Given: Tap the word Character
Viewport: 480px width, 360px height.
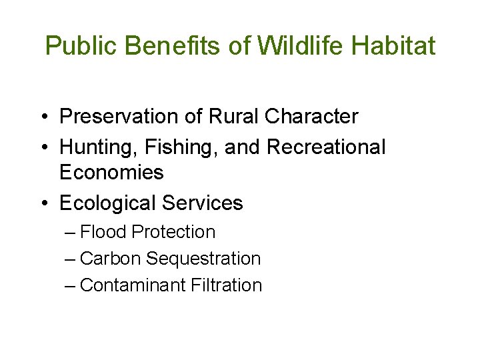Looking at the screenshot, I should tap(311, 117).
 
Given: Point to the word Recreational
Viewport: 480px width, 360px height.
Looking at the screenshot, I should tap(326, 147).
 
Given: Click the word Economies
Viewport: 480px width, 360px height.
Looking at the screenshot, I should tap(111, 173).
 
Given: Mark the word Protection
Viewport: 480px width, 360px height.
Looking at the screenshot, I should tap(174, 232).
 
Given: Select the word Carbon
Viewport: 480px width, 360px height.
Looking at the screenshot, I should tap(110, 259).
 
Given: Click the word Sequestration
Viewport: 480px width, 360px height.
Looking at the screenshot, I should tap(203, 259).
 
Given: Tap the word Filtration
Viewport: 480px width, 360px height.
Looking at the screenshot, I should tap(226, 285).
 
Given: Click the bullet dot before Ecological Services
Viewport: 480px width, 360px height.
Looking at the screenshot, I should tap(42, 203).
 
